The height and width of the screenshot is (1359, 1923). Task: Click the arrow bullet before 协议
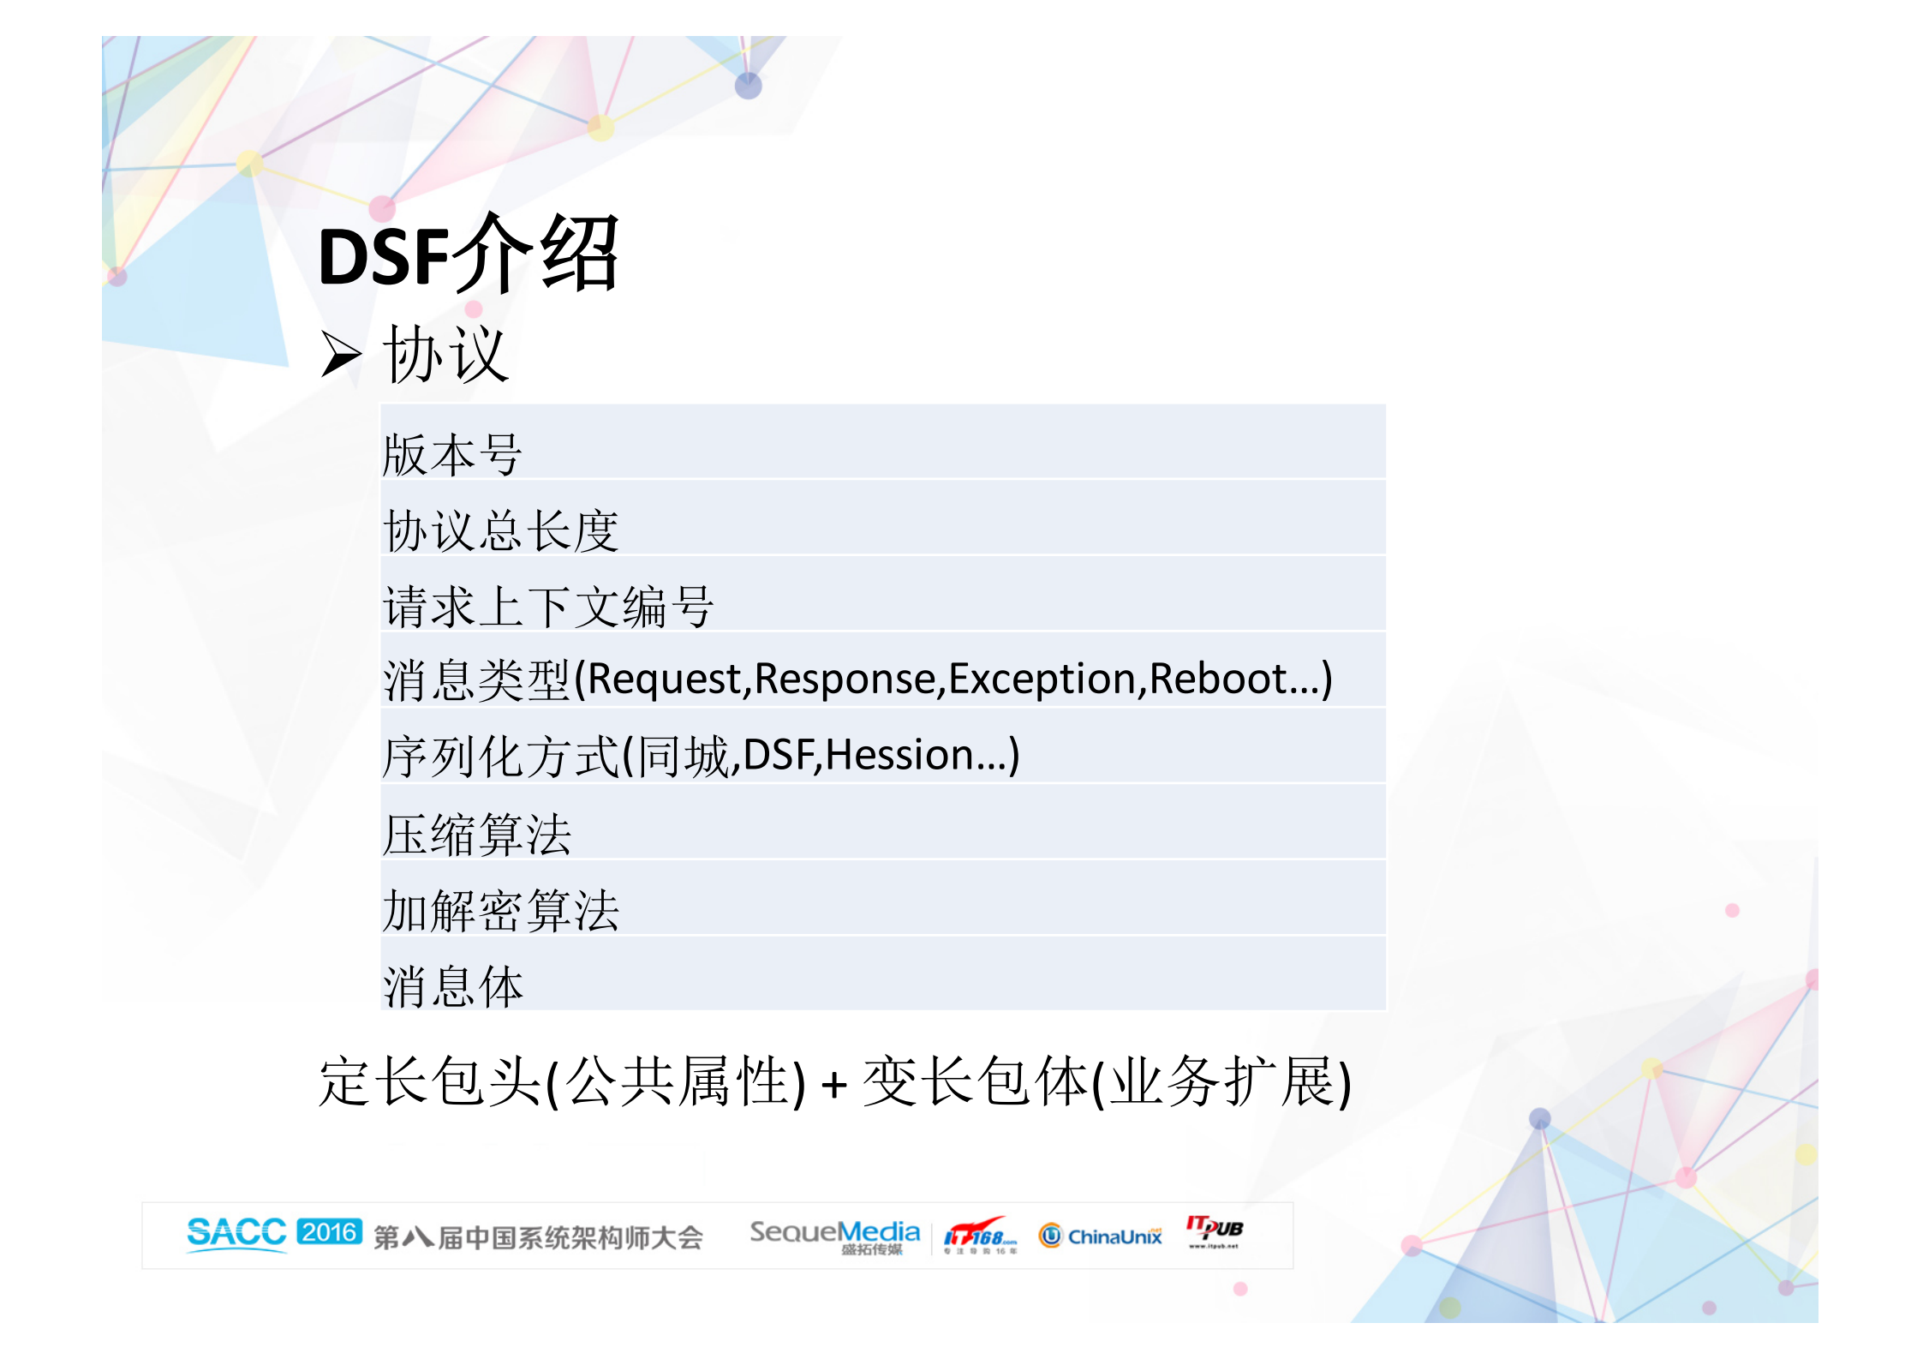(x=341, y=355)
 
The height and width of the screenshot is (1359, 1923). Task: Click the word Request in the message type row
(x=665, y=679)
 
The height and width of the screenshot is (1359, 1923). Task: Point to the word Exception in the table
(x=1041, y=679)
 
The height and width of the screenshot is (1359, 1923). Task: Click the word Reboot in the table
(x=1217, y=679)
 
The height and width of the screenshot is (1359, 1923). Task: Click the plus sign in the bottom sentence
(x=833, y=1085)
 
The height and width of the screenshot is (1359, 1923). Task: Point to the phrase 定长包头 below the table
(x=428, y=1081)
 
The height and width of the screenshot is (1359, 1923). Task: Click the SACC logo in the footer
(x=236, y=1234)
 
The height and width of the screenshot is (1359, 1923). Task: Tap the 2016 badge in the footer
(x=329, y=1232)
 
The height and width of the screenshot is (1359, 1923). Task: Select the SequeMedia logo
(x=834, y=1235)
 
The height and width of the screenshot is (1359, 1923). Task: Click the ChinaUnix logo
(x=1101, y=1236)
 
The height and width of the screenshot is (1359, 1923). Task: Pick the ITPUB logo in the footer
(x=1214, y=1231)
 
